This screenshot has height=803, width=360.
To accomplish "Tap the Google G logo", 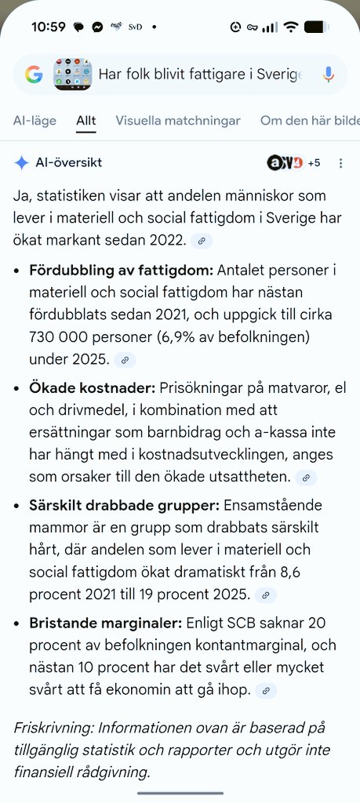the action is tap(33, 74).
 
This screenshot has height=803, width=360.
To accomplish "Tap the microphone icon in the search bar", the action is tap(329, 74).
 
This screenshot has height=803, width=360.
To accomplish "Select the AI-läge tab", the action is tap(35, 121).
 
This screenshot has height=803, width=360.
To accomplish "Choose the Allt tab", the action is tap(86, 121).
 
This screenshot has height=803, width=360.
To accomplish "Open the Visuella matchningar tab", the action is tap(177, 121).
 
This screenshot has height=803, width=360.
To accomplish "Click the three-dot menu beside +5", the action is tap(340, 163).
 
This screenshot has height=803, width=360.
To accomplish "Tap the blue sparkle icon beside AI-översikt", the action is tap(22, 163).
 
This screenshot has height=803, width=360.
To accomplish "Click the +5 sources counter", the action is tap(314, 163).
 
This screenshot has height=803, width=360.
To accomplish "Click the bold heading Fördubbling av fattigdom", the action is tap(121, 271).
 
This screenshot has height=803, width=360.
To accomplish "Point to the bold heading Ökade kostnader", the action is tap(92, 388).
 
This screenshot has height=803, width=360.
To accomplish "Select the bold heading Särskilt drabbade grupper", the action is tap(125, 506).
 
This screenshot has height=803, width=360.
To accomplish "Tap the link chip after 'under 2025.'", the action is tap(124, 360).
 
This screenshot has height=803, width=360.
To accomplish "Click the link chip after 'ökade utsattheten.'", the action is tap(307, 478).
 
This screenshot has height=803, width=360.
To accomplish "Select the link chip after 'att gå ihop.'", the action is tap(267, 691).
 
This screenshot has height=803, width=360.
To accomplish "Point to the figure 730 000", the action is tap(56, 339).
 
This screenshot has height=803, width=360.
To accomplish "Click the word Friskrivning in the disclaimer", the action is tap(49, 727).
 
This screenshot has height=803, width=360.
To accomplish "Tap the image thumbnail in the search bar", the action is tap(72, 74).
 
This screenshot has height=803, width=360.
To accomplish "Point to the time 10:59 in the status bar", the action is tap(48, 27).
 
